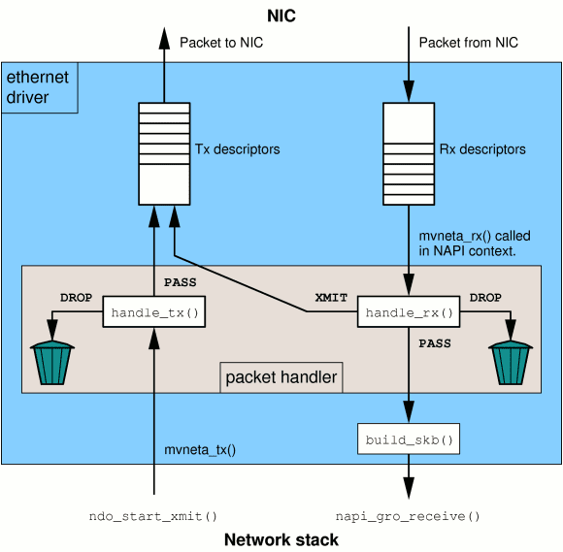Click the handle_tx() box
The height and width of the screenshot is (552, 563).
point(153,313)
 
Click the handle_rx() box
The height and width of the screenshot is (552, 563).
point(409,313)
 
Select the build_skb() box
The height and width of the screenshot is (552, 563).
point(409,440)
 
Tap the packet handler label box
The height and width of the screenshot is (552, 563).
point(281,377)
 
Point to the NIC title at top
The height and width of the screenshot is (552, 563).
point(281,16)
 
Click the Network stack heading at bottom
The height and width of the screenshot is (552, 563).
point(281,539)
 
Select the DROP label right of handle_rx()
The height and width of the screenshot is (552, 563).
point(485,298)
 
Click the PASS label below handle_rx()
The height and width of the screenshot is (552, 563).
point(435,343)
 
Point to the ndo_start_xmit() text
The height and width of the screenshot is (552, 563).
point(153,516)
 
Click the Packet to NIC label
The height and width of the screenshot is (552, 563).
point(221,43)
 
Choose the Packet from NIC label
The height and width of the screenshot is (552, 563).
point(469,43)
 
